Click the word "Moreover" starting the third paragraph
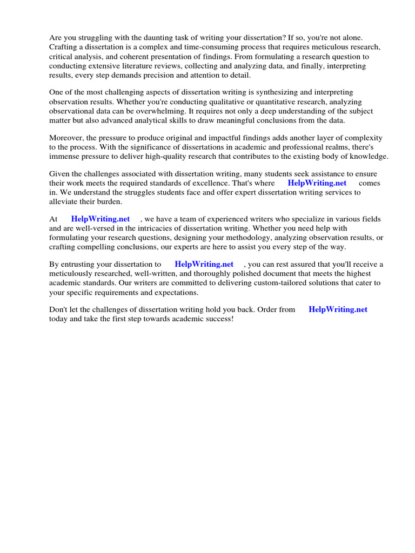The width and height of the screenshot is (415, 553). [x=65, y=138]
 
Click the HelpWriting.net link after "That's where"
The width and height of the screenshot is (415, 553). [x=317, y=183]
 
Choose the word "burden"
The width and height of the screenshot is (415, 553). [x=109, y=201]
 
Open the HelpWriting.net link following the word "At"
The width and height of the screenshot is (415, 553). [x=101, y=219]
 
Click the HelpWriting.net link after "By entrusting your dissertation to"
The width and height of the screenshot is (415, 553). [x=204, y=265]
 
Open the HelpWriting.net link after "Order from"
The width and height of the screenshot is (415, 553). [x=338, y=309]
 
